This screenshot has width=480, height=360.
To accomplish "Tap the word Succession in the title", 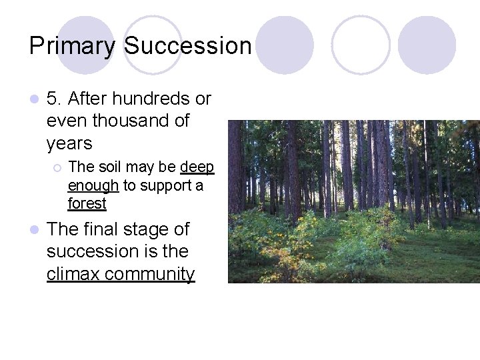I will (188, 46).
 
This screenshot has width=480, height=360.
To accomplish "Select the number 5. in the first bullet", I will (55, 99).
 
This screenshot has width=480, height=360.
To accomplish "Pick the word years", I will (69, 143).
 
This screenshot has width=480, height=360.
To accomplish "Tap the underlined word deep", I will (197, 167).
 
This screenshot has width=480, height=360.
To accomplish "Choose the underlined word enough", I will (93, 185).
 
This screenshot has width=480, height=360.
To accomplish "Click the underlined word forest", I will (87, 203).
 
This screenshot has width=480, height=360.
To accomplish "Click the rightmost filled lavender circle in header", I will (427, 45).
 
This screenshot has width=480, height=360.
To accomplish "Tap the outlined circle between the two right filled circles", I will (360, 45).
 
